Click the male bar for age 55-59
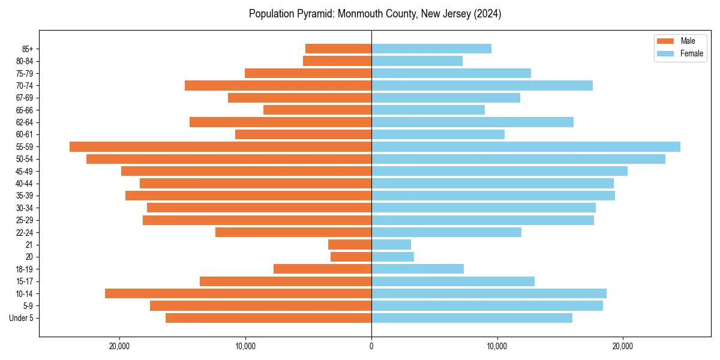[x=220, y=146]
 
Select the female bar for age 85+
[x=431, y=49]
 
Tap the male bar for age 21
[x=350, y=244]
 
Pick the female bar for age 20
[x=393, y=257]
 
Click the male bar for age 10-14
[x=238, y=293]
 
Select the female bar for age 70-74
[x=482, y=85]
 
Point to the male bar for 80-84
[x=337, y=61]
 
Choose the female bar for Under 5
[x=472, y=318]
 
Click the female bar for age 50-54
[x=518, y=159]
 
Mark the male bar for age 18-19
[x=323, y=269]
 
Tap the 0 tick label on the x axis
[x=371, y=346]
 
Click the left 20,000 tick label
[x=120, y=346]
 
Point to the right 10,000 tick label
[x=497, y=346]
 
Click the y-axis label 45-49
[x=25, y=171]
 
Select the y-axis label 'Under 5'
[x=22, y=318]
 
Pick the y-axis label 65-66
[x=25, y=110]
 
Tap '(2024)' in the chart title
[x=487, y=14]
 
